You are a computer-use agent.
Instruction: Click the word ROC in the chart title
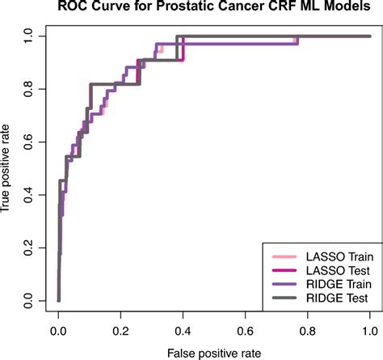pos(74,8)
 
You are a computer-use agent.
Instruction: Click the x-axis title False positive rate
pos(213,354)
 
